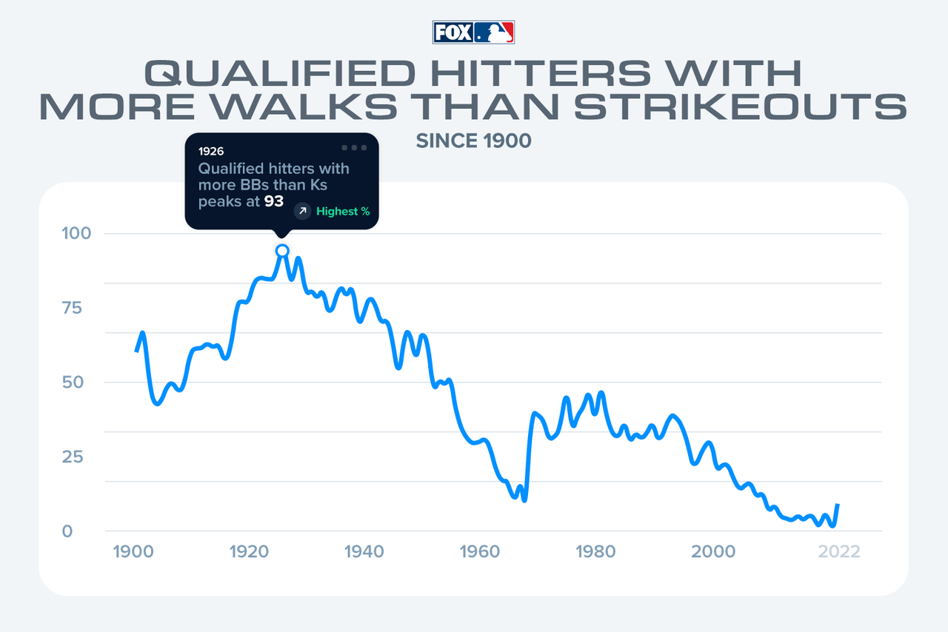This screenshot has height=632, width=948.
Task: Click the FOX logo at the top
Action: coord(453,33)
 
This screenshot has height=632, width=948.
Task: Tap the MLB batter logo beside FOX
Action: coord(494,33)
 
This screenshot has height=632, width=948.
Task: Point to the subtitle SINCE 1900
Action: coord(473,141)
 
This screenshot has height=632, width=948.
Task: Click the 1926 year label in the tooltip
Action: coord(211,151)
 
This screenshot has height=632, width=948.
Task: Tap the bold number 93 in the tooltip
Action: coord(274,201)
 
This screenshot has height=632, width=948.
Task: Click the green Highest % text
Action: coord(343,212)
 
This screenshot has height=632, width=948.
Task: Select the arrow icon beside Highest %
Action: coord(302,212)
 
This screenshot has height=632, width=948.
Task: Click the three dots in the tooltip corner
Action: coord(354,147)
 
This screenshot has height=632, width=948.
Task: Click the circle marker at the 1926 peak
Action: coord(282,251)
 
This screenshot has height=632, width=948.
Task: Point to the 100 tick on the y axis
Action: coord(76,234)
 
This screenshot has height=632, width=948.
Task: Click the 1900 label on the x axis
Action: coord(134,552)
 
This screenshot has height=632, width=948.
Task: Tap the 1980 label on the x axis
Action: coord(596,552)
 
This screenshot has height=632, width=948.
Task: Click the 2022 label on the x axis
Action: coord(839,552)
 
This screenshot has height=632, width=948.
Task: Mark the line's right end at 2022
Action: coord(838,505)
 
